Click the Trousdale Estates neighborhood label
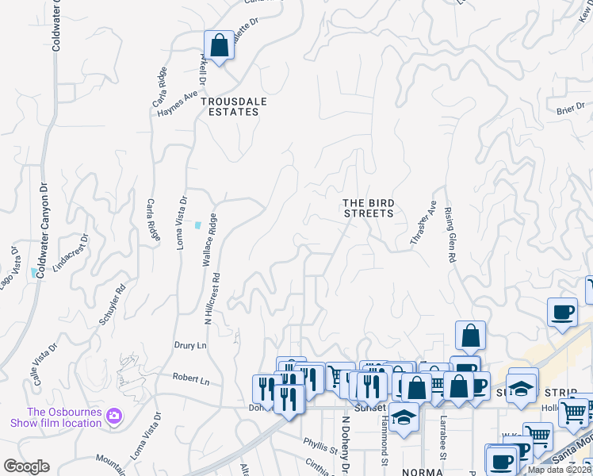(x=229, y=106)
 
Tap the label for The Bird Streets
(x=368, y=208)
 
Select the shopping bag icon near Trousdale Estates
(x=220, y=46)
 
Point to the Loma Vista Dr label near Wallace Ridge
(x=183, y=221)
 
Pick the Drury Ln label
(x=190, y=346)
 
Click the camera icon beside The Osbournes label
(x=114, y=415)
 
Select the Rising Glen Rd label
(x=450, y=236)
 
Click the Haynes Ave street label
(x=178, y=106)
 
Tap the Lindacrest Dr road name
(x=70, y=252)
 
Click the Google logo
(x=26, y=466)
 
